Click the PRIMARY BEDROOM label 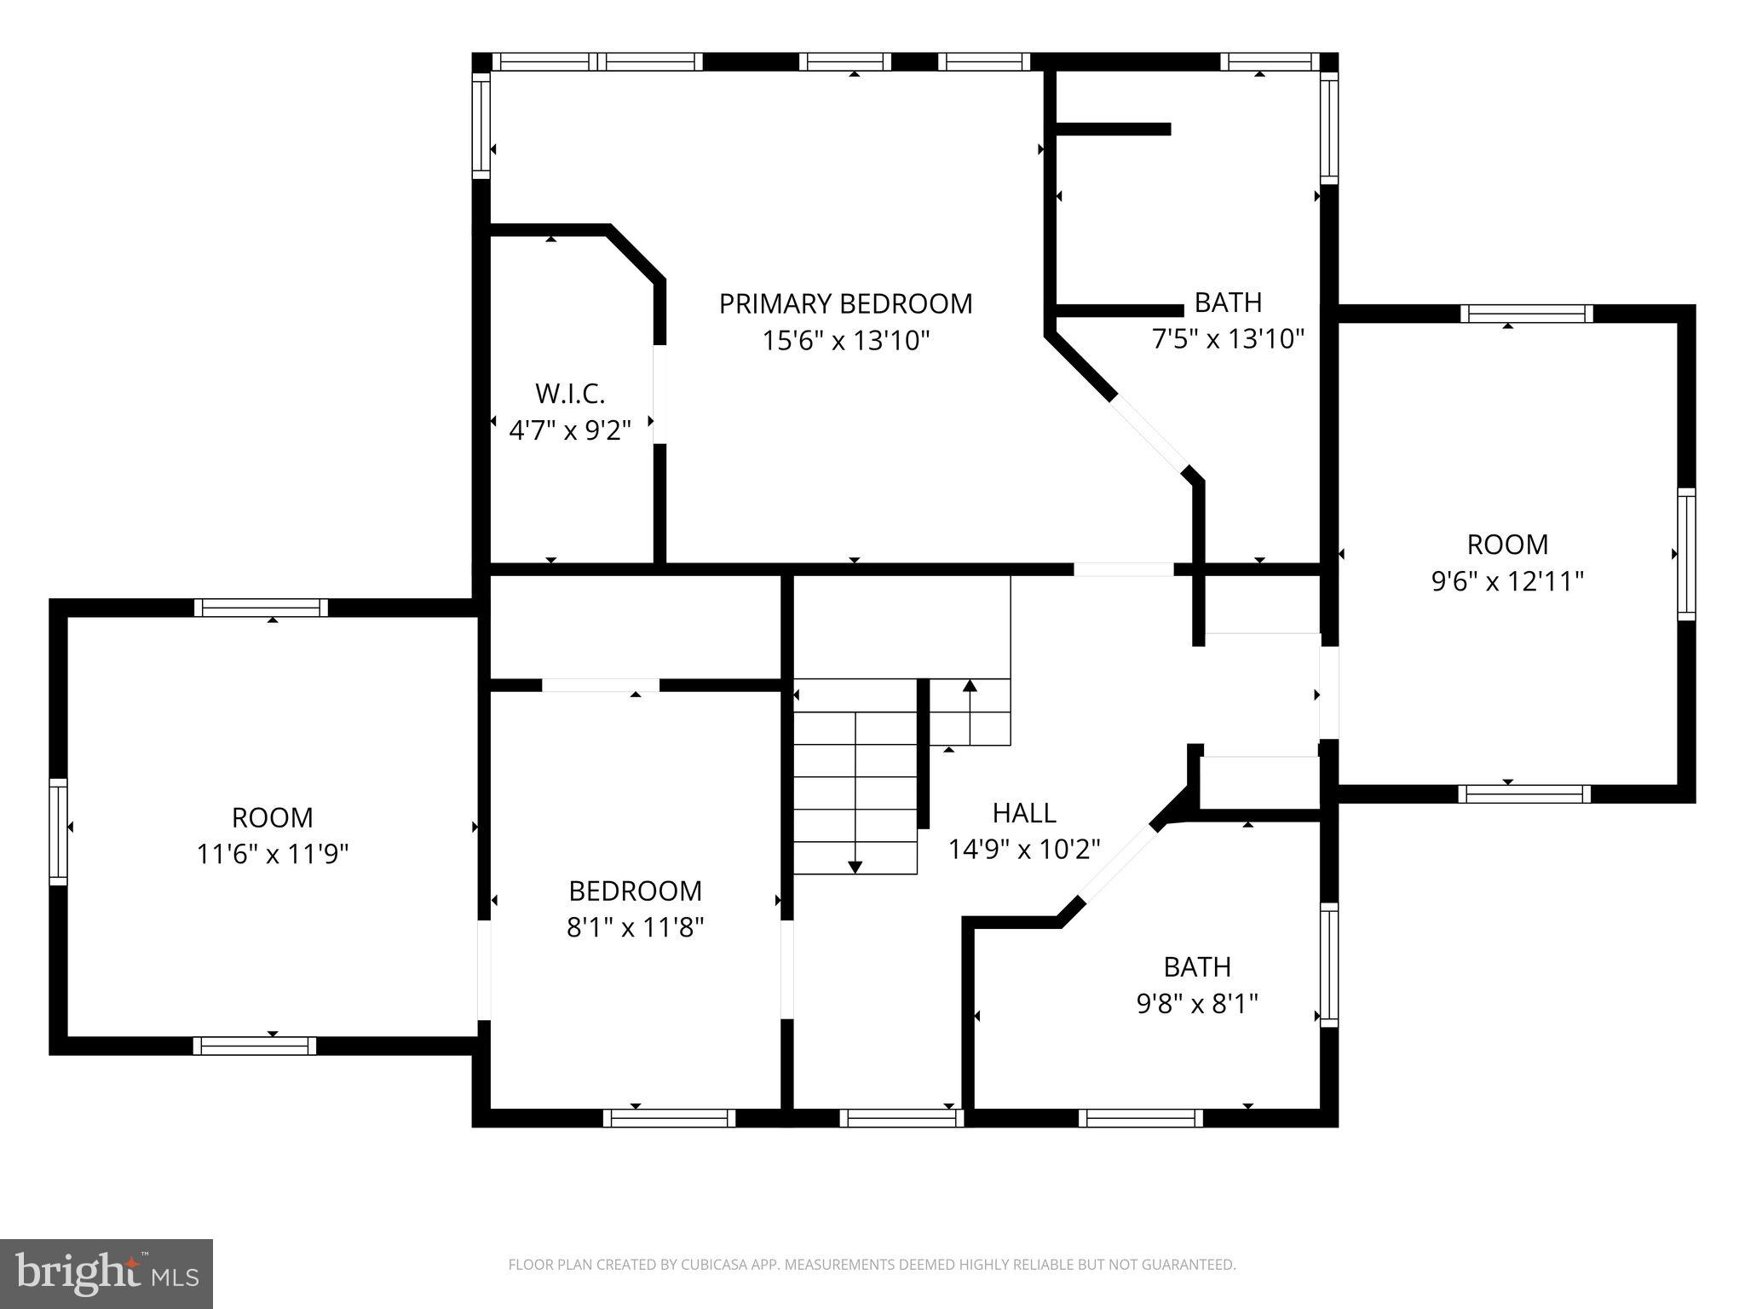[845, 304]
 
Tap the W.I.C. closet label [570, 394]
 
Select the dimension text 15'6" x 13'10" [845, 341]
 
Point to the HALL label [1024, 813]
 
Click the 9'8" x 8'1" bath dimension [1197, 1004]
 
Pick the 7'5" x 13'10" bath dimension [1228, 339]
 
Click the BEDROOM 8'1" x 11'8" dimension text [635, 927]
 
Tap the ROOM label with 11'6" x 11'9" [273, 817]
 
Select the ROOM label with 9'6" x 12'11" [1507, 544]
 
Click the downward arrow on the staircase [855, 867]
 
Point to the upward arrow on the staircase [970, 685]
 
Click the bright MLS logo [107, 1274]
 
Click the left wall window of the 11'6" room [58, 831]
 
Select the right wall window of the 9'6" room [1686, 554]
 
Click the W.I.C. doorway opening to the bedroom [659, 394]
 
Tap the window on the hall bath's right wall [1328, 965]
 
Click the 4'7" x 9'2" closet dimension [570, 430]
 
